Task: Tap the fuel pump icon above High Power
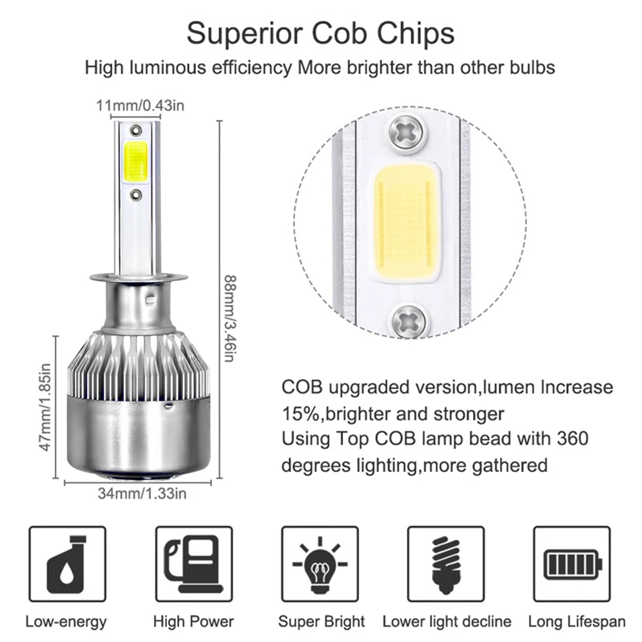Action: click(193, 564)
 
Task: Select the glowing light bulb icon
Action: click(320, 565)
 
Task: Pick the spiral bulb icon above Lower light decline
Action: click(446, 565)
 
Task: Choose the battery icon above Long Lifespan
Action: click(573, 564)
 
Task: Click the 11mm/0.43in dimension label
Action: click(140, 106)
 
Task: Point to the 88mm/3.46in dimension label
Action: click(230, 318)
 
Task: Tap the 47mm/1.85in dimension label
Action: click(46, 407)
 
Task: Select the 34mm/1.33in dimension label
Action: click(142, 493)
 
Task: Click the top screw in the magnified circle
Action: click(406, 132)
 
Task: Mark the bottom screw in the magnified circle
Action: click(408, 321)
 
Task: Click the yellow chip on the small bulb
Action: click(135, 162)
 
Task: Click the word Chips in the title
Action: click(415, 34)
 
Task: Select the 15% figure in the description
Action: click(300, 413)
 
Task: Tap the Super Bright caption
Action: click(322, 621)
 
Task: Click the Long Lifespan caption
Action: click(577, 621)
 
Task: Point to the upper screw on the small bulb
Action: click(135, 130)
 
